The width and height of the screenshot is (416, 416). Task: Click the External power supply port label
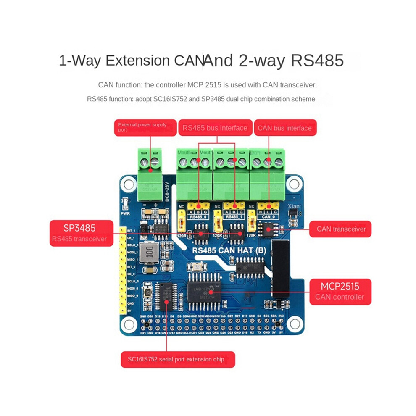[145, 127]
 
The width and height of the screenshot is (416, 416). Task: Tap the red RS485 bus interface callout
[214, 128]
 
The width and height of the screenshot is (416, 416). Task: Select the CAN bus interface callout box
[285, 128]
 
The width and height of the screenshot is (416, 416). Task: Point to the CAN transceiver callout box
[340, 229]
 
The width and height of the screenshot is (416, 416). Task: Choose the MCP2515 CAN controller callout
[340, 291]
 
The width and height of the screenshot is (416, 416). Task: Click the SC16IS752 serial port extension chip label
[178, 360]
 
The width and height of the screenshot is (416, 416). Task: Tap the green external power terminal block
[150, 174]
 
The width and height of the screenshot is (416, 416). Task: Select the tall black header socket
[280, 269]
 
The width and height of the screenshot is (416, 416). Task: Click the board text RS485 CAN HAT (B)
[231, 251]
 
